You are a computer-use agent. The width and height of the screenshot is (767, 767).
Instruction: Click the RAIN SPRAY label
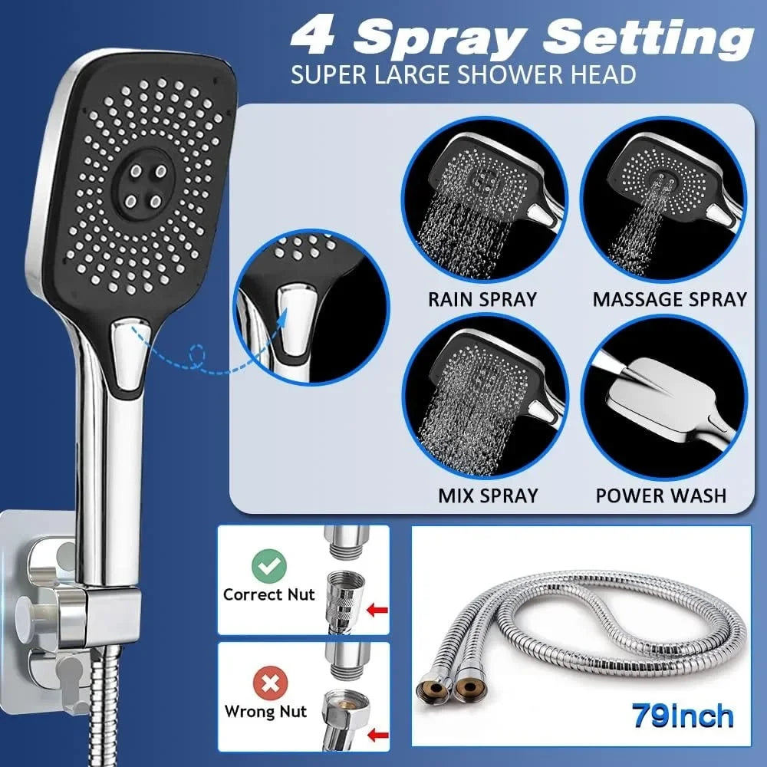(482, 299)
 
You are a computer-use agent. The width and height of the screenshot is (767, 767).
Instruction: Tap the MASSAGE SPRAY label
(670, 299)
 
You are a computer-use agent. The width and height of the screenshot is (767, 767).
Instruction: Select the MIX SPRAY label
(488, 495)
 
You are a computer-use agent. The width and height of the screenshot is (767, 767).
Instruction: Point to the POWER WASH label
(661, 495)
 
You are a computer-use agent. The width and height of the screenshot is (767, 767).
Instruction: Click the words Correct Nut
(269, 594)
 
